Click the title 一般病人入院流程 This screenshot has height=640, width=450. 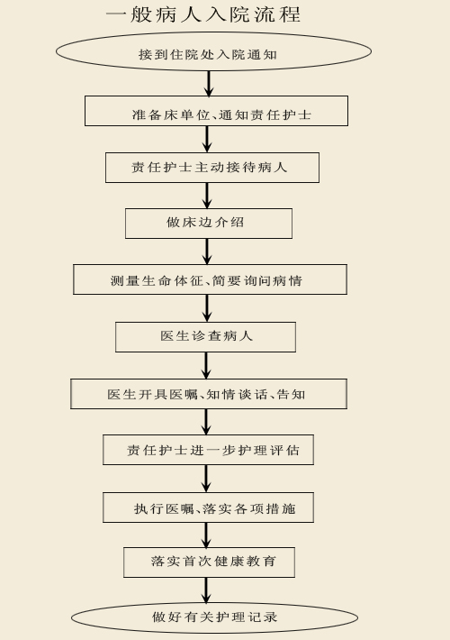tap(203, 14)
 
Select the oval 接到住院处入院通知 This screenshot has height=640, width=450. tap(213, 52)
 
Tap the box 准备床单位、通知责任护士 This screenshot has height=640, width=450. tap(216, 111)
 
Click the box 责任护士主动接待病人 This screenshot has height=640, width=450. tap(212, 168)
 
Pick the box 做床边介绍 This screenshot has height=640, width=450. tap(209, 224)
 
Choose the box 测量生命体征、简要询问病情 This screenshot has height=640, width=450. tap(211, 279)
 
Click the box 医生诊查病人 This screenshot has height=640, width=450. tap(205, 337)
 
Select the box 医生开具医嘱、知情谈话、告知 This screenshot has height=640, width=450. tap(209, 394)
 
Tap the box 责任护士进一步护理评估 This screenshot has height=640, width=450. tap(208, 450)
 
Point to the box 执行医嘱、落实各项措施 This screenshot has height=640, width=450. tap(208, 507)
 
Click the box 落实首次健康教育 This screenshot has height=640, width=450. tap(209, 562)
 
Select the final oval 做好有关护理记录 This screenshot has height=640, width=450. tap(214, 618)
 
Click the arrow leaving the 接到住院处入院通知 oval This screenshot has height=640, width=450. tap(209, 84)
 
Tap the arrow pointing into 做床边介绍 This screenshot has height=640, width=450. tap(207, 196)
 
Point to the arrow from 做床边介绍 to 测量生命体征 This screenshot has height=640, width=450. tap(207, 251)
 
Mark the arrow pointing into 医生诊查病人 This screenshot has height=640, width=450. tap(207, 308)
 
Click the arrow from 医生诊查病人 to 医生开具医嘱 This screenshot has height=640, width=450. tap(206, 365)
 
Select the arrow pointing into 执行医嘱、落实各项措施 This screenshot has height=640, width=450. tap(206, 479)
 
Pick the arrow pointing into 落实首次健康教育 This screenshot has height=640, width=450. tap(206, 535)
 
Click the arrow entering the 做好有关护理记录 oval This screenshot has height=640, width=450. tap(206, 590)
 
